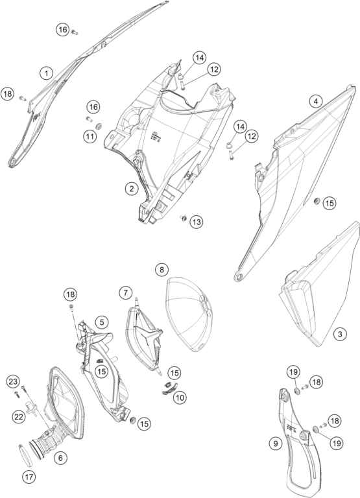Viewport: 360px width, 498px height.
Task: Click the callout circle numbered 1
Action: (47, 73)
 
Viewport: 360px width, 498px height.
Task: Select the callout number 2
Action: (132, 189)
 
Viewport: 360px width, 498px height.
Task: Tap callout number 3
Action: (341, 334)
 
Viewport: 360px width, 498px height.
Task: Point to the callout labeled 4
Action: (315, 101)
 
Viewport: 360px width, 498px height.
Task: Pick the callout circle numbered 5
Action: (102, 322)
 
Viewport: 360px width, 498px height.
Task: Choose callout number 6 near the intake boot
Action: (60, 458)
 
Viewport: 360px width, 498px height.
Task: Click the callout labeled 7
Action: (126, 292)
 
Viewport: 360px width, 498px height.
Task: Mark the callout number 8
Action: (162, 270)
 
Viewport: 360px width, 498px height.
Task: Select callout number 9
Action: (276, 443)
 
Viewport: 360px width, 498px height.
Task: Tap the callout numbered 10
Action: (180, 397)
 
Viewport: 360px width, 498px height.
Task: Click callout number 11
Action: (90, 137)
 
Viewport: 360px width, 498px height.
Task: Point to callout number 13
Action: (197, 222)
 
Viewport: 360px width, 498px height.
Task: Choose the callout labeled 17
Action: (29, 477)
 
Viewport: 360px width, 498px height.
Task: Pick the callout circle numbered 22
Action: (19, 416)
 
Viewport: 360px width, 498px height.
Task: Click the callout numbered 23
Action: (13, 382)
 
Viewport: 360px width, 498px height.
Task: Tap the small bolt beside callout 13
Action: (184, 218)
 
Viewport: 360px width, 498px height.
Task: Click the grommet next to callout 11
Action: (99, 126)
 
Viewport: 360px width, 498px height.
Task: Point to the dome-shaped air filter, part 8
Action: (189, 314)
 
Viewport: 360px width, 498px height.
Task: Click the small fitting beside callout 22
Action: (32, 407)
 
